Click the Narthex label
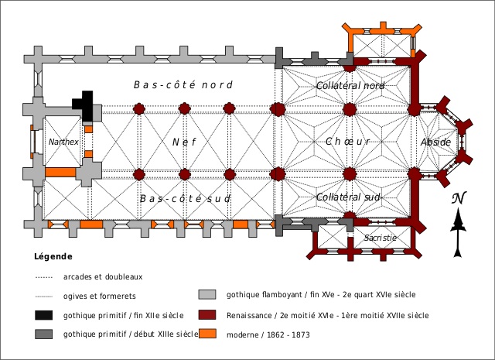coord(63,142)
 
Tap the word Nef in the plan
coord(180,142)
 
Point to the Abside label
coord(435,142)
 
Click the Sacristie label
coord(381,238)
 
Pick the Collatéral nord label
coord(350,85)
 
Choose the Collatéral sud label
coord(350,198)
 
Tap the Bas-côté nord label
coord(183,84)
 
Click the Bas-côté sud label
coord(186,199)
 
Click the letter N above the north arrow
coord(459,199)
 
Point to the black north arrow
coord(459,232)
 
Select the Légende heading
coord(53,256)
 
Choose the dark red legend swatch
coord(207,315)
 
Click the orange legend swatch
coord(207,334)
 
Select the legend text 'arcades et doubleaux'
coord(104,276)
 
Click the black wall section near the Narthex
coord(84,106)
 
